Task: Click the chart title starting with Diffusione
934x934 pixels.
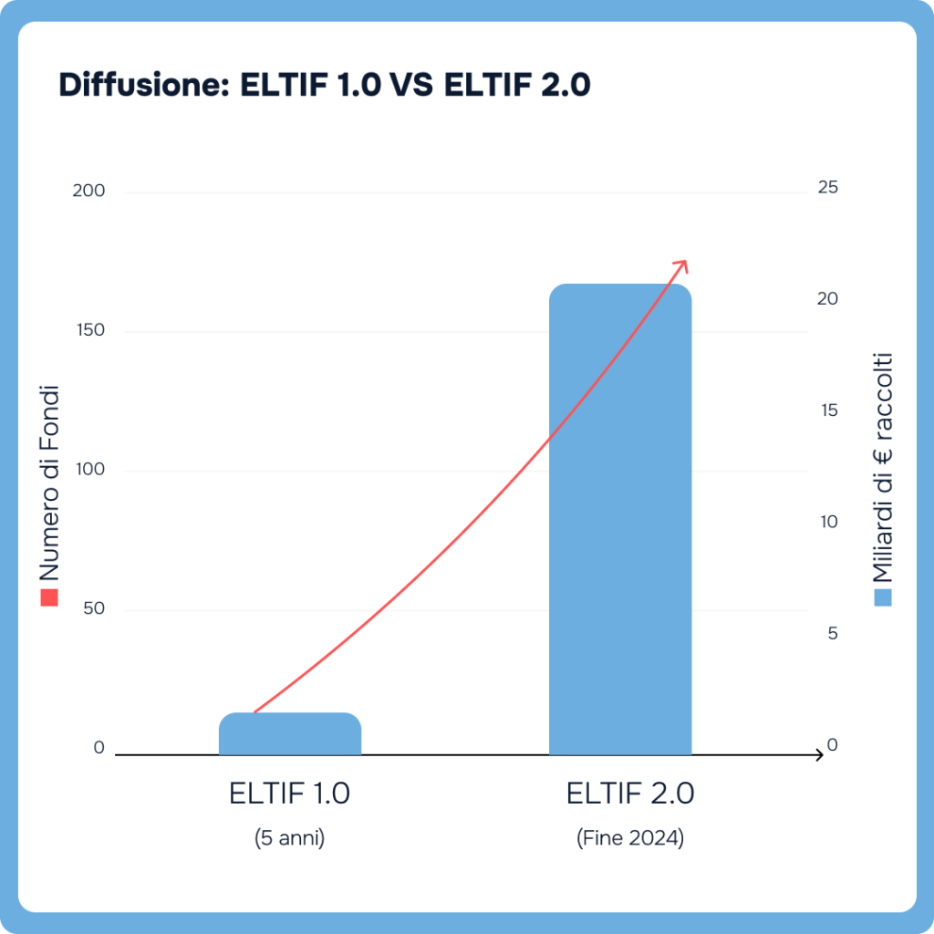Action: coord(325,85)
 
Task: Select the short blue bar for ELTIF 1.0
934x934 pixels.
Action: coord(290,734)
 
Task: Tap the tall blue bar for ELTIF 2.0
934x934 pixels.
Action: coord(620,520)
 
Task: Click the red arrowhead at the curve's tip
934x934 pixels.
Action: coord(680,265)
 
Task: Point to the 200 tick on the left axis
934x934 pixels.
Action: coord(90,191)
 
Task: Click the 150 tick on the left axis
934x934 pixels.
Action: coord(90,330)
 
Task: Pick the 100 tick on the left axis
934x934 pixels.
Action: coord(90,470)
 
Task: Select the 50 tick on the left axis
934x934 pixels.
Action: coord(94,609)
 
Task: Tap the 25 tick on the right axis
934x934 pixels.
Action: coord(827,187)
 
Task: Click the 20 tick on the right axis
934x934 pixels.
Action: coord(827,299)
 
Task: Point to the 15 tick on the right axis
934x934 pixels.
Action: coord(827,410)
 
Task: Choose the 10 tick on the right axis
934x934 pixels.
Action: coord(827,523)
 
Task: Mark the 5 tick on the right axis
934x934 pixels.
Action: coord(832,634)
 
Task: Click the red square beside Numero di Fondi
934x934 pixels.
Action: coord(49,597)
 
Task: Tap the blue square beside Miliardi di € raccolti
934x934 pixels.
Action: coord(882,597)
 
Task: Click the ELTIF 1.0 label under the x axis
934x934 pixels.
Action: coord(290,794)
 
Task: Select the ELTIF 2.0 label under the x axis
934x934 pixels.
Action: coord(630,794)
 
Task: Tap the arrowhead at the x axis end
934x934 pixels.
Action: coord(817,755)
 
